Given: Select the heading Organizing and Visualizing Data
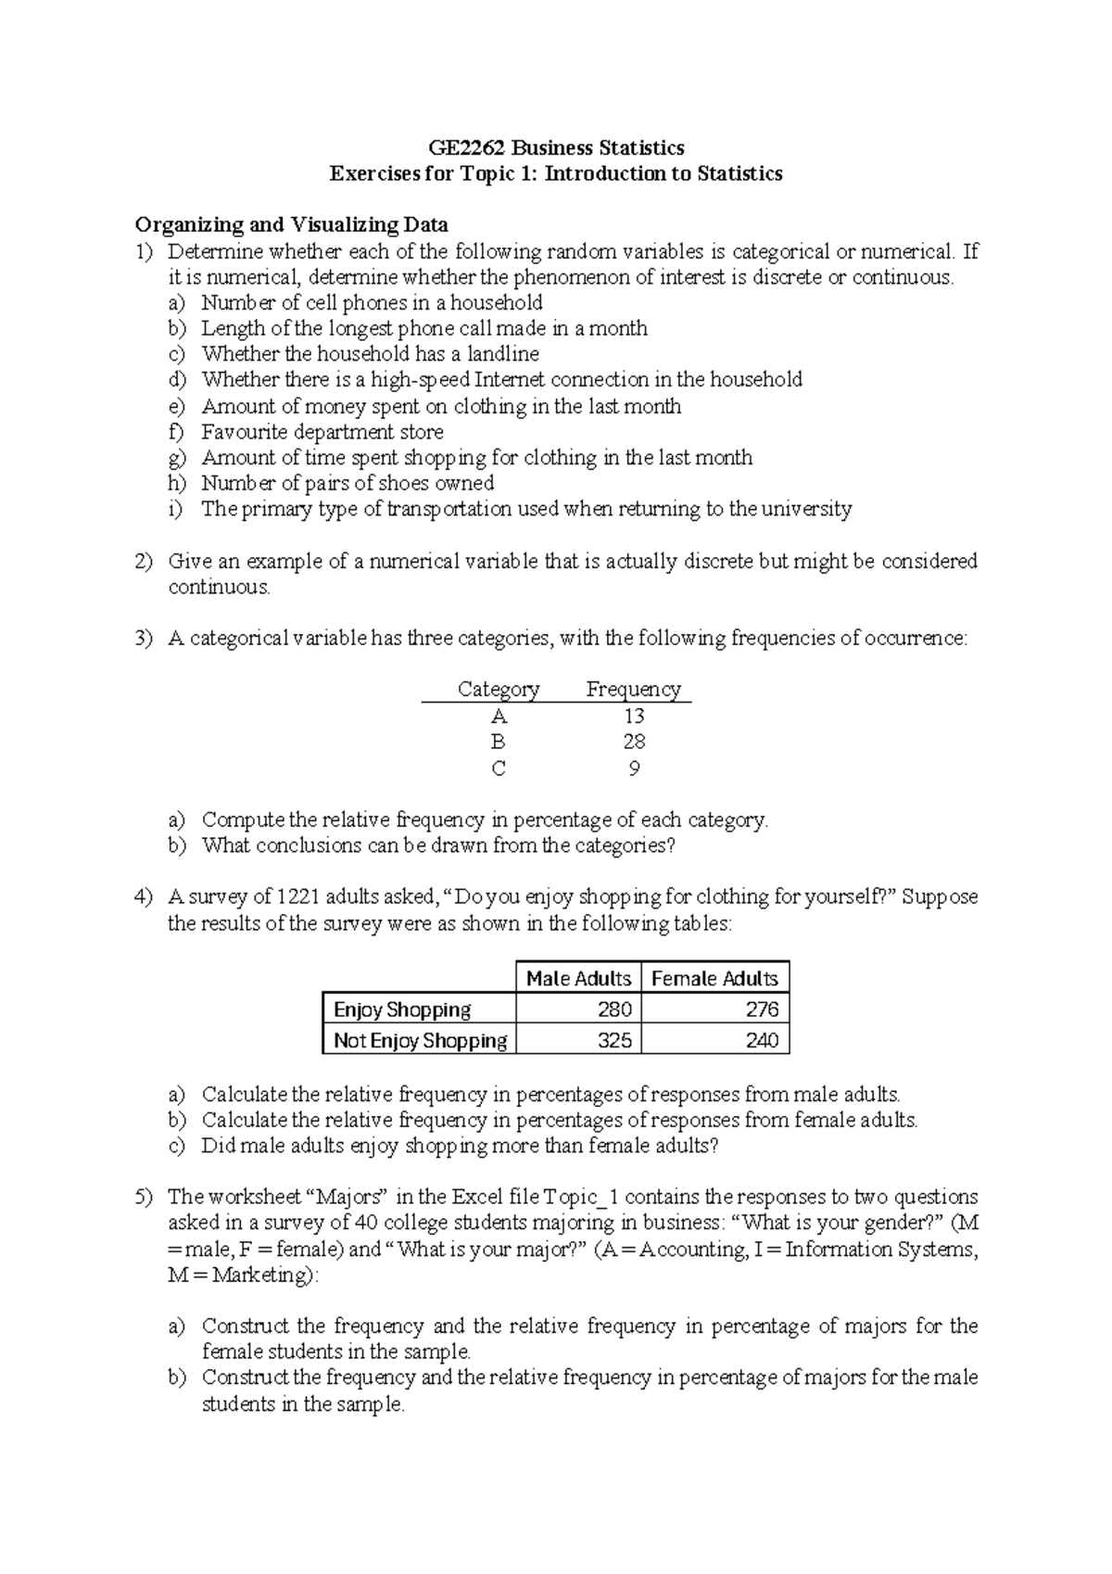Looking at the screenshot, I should coord(291,224).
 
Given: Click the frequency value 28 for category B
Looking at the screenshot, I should coord(634,742).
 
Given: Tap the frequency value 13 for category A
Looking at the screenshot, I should coord(634,716).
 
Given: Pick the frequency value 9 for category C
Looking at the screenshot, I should coord(634,768).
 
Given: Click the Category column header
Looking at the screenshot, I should coord(499,689).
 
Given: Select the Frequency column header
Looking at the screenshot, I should coord(634,689).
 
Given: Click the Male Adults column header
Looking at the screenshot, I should coord(578,978).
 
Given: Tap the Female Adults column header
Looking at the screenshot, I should coord(714,978).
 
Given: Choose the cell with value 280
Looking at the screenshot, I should coord(614,1009).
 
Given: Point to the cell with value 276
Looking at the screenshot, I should coord(762,1009).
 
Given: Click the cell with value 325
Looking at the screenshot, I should coord(614,1040).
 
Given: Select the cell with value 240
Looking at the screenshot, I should coord(762,1040).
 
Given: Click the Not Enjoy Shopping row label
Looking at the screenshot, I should coord(420,1040).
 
